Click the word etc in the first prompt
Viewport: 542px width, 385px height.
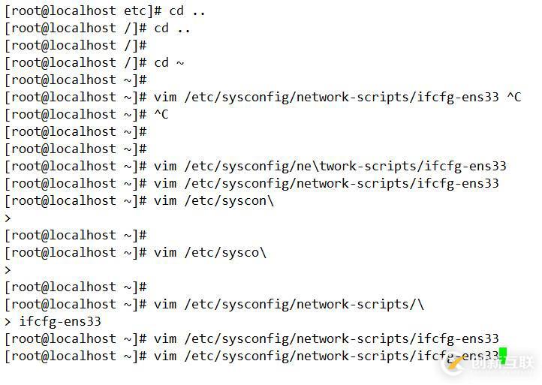click(x=135, y=11)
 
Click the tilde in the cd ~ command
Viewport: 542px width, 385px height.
click(x=180, y=63)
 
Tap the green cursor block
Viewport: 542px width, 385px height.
click(x=503, y=356)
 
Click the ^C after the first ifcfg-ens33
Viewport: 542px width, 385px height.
click(x=514, y=97)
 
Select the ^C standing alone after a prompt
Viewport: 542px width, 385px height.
click(x=161, y=114)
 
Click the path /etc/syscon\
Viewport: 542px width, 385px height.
click(x=229, y=201)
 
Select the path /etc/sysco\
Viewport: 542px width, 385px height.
click(x=225, y=253)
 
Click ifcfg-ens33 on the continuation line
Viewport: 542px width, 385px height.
click(x=60, y=322)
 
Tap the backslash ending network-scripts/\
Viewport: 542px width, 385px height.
click(x=420, y=305)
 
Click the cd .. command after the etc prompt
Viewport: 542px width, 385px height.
click(x=187, y=11)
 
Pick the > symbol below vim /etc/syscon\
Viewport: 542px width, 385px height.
click(x=8, y=218)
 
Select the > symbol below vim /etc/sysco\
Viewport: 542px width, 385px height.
click(x=8, y=270)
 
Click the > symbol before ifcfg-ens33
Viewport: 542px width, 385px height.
click(x=8, y=322)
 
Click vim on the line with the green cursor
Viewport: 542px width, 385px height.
click(x=165, y=356)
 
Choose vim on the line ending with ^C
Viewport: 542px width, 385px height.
click(x=165, y=97)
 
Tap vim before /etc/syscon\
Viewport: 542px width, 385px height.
click(x=165, y=201)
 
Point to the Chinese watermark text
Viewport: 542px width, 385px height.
click(x=502, y=363)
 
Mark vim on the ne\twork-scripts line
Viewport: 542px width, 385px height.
click(x=165, y=167)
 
